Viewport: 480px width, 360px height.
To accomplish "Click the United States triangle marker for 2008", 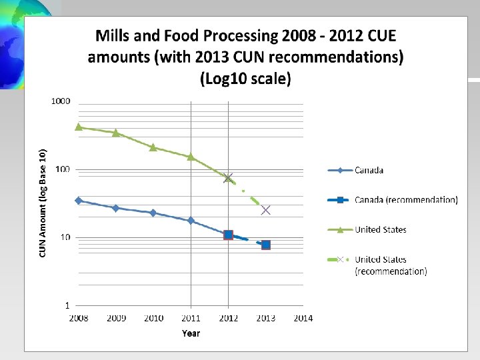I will pos(79,127).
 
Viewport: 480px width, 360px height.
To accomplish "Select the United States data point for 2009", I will pos(116,133).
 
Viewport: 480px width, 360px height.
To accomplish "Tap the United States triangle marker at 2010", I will pos(153,147).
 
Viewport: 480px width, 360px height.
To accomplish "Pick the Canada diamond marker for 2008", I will pos(79,201).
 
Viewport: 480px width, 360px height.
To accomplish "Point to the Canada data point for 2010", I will pos(153,213).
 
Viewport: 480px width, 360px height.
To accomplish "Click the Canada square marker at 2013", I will pos(266,245).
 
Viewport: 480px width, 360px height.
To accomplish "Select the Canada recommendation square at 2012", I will pos(229,235).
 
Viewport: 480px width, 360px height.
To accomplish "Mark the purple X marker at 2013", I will pos(266,210).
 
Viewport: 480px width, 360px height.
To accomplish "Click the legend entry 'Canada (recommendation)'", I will pos(406,200).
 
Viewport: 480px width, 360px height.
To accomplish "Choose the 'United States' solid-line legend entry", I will pos(380,229).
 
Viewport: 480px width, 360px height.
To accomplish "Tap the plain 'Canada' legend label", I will pos(369,170).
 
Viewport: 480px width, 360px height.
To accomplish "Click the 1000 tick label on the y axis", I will pos(61,101).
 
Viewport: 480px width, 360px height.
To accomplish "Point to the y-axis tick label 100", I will pos(63,169).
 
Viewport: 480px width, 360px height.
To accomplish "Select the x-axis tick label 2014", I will pos(303,319).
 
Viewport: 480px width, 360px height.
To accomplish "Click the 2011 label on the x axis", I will pos(191,319).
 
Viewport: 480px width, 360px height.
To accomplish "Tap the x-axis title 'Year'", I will pos(191,333).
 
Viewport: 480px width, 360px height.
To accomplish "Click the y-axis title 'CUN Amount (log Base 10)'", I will pos(43,203).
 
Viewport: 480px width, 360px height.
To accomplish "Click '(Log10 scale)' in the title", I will pos(245,79).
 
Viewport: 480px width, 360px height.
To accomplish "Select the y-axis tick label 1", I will pos(67,305).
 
